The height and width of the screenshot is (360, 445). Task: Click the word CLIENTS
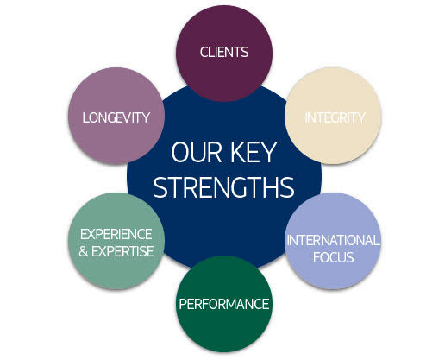[x=224, y=52]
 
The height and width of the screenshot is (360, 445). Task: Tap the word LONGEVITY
[x=116, y=117]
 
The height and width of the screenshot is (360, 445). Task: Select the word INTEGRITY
[x=335, y=117]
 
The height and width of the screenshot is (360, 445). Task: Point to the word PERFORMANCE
[x=224, y=304]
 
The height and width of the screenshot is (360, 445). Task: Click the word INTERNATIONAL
[x=333, y=240]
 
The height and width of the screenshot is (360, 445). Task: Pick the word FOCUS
[x=333, y=257]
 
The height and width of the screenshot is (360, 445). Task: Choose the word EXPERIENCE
[x=116, y=234]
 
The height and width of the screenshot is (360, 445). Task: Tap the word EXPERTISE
[x=122, y=251]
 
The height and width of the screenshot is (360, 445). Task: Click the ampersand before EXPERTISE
[x=83, y=251]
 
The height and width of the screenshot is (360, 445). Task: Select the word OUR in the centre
[x=196, y=152]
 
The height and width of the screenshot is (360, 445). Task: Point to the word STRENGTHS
[x=223, y=187]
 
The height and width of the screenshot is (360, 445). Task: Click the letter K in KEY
[x=238, y=152]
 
